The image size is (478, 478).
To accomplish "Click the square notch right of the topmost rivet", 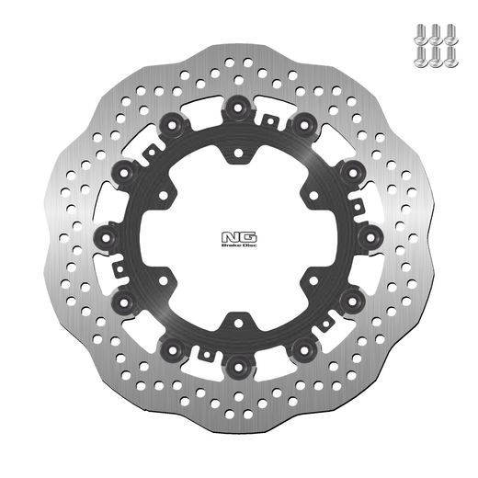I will pos(269,119).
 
